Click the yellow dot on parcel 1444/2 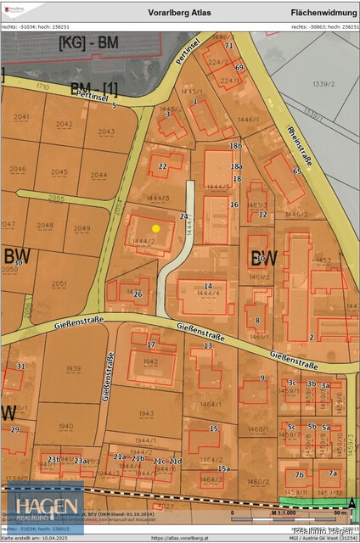point(155,228)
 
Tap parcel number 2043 point(106,132)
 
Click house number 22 point(162,167)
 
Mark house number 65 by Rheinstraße point(296,171)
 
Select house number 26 point(138,294)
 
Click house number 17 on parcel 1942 point(150,345)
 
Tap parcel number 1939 point(73,369)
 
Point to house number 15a point(224,468)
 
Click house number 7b point(299,474)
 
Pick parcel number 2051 point(59,283)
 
